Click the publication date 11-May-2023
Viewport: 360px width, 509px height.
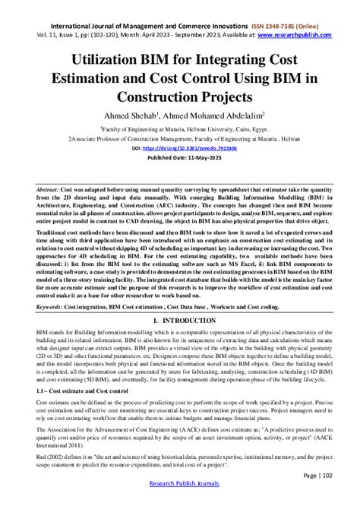tap(203, 159)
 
